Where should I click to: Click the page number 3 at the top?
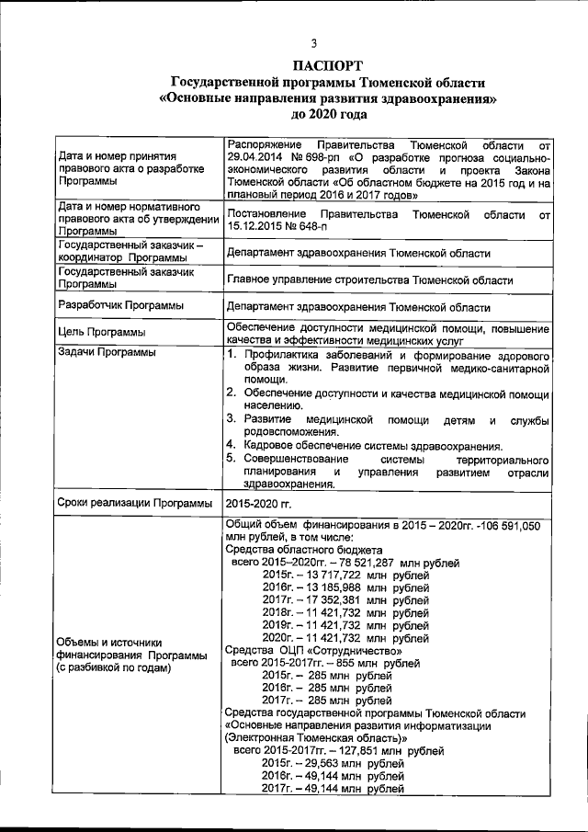(313, 43)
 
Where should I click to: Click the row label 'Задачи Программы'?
(107, 353)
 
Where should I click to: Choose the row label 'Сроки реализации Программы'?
(135, 504)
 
